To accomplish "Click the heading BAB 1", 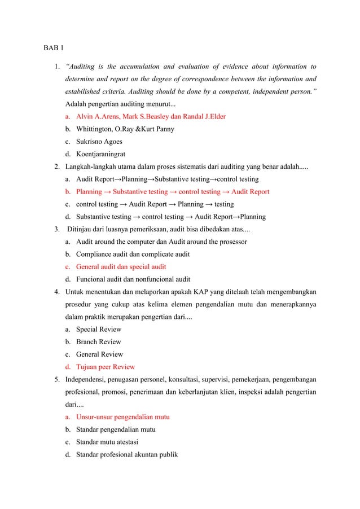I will click(x=54, y=46).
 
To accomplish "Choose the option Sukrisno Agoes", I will click(x=99, y=142).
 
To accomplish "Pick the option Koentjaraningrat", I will click(x=100, y=154).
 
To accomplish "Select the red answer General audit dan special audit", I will click(x=121, y=266).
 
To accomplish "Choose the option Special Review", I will click(x=98, y=329).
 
